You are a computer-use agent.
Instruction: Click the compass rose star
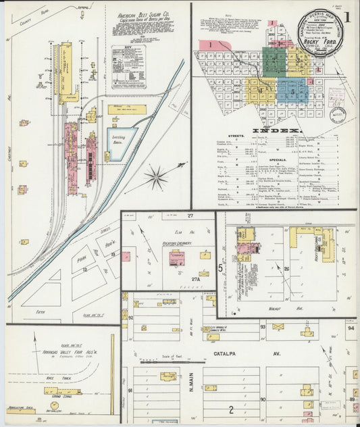coord(157,178)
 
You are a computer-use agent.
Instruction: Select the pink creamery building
coord(178,259)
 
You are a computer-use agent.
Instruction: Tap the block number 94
coord(351,328)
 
